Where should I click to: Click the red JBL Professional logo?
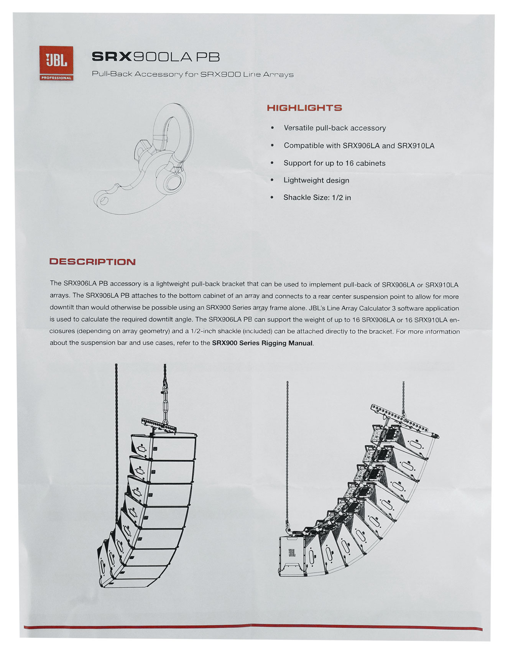coord(56,63)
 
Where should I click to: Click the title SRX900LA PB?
coord(156,57)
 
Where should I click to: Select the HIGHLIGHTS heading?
coord(304,108)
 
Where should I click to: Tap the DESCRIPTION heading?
coord(92,262)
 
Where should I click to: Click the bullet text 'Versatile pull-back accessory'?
coord(335,128)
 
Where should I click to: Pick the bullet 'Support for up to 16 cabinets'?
coord(334,163)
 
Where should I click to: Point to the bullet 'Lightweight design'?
coord(316,180)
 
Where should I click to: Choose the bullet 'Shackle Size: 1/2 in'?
coord(317,198)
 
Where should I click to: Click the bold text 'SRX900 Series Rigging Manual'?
coord(262,343)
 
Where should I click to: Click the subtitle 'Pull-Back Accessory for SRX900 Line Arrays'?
coord(192,74)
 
